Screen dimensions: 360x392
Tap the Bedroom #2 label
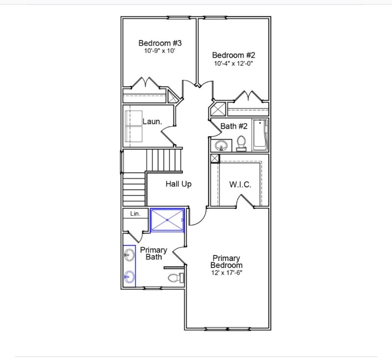click(x=233, y=55)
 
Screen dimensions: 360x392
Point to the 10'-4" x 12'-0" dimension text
click(x=233, y=63)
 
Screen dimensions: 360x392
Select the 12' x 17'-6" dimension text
click(x=226, y=273)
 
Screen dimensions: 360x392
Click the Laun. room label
click(x=152, y=121)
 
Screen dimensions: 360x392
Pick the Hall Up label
click(x=178, y=184)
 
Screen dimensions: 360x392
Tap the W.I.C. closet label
click(x=240, y=185)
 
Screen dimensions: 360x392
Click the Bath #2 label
click(x=234, y=126)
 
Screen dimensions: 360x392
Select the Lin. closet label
click(x=135, y=214)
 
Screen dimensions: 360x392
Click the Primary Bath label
click(x=153, y=254)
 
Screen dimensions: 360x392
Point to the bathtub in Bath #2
click(x=259, y=135)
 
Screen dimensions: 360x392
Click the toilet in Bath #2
click(x=241, y=142)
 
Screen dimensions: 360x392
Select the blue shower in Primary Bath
click(x=167, y=219)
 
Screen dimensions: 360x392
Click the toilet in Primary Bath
click(x=174, y=278)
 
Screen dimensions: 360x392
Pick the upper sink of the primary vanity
click(x=129, y=255)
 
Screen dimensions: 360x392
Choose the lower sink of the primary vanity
click(x=129, y=276)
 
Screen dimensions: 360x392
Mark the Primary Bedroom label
click(x=226, y=261)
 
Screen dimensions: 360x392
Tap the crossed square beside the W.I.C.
click(x=215, y=158)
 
